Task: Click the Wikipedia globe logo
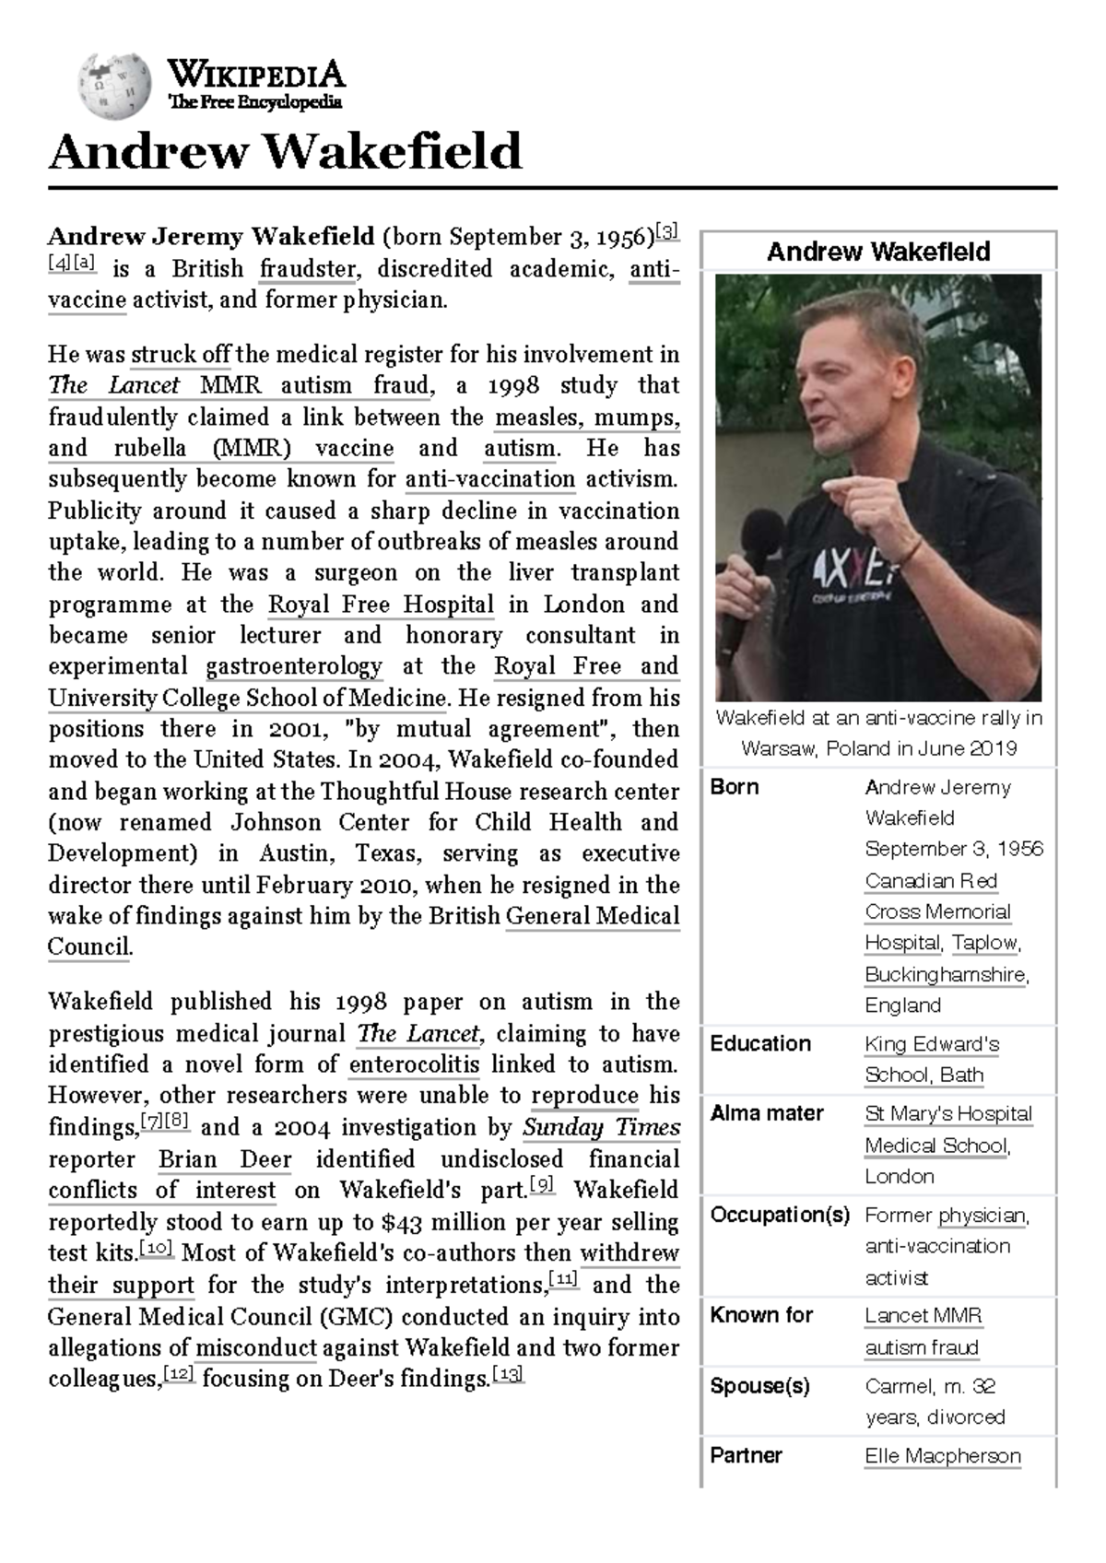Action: pos(114,86)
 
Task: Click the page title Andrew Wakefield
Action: pos(285,152)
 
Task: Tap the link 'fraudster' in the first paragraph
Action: pos(308,268)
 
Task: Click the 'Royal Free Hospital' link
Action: pos(381,605)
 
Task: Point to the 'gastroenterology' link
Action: pos(294,666)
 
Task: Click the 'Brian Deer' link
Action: pos(225,1159)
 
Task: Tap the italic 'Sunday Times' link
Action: pos(601,1127)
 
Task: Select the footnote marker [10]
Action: pos(157,1250)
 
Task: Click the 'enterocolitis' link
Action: pos(414,1064)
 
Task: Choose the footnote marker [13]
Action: pos(509,1375)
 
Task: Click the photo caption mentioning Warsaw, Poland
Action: pos(878,733)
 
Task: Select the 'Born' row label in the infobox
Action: pos(735,787)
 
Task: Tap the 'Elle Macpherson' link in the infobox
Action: pos(942,1456)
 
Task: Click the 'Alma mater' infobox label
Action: pos(766,1113)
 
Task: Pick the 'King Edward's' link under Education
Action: pos(932,1044)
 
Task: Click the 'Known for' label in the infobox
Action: pos(760,1315)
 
